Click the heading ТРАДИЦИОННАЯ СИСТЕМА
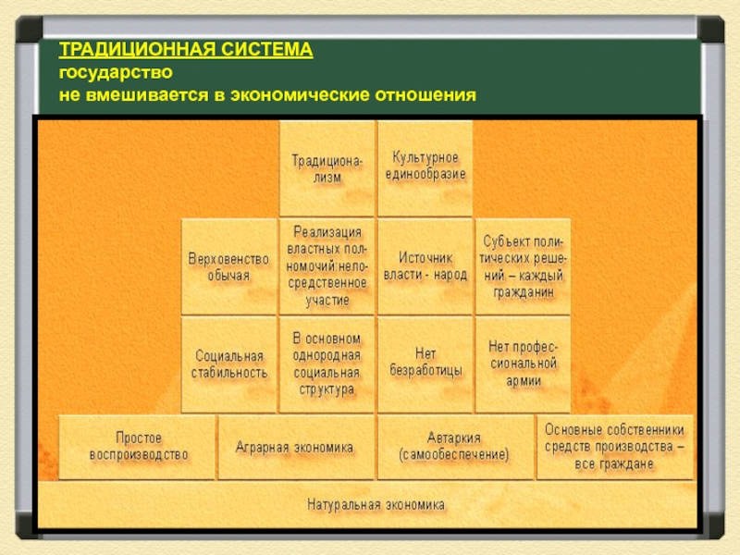[x=186, y=49]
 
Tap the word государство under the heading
[x=116, y=71]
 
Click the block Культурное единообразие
[x=425, y=166]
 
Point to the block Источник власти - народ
[x=425, y=266]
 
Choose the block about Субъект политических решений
[x=523, y=266]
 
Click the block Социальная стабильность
[x=228, y=364]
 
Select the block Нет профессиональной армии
[x=523, y=364]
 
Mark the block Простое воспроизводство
[x=138, y=446]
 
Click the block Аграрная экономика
[x=295, y=447]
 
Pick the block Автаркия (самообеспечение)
[x=454, y=447]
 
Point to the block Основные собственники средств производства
[x=614, y=446]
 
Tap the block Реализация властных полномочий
[x=327, y=266]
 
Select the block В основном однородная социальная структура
[x=327, y=364]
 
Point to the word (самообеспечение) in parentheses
[x=454, y=456]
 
